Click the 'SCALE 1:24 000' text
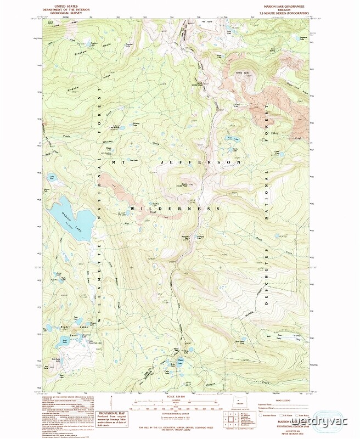180,396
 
